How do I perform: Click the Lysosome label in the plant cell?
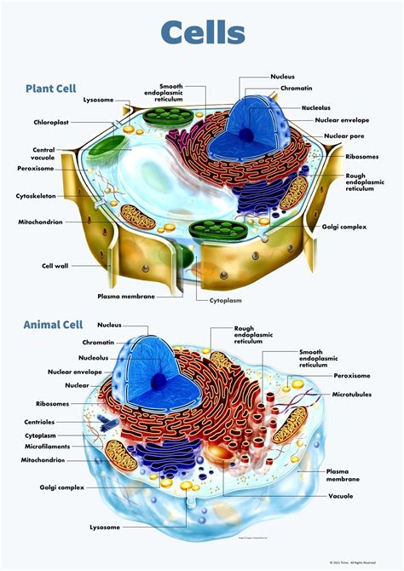tap(98, 100)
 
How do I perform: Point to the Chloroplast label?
tap(52, 122)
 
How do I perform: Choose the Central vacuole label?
tap(43, 154)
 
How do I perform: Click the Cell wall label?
tap(55, 266)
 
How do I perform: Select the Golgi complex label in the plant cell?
tap(343, 228)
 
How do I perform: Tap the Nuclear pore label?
tap(338, 136)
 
